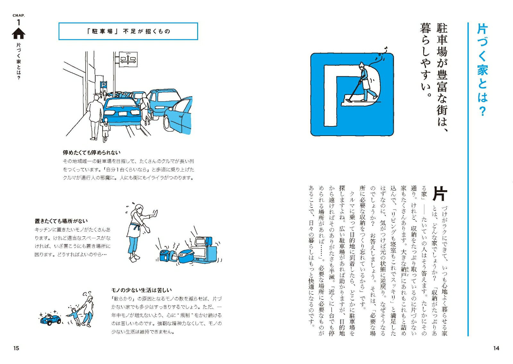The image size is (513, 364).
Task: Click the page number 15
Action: [x=16, y=348]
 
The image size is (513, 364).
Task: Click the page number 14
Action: [x=496, y=348]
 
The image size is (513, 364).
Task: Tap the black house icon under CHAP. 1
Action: [x=19, y=33]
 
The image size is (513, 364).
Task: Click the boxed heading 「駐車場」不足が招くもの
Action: [x=128, y=31]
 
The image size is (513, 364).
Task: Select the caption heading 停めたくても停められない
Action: [x=92, y=153]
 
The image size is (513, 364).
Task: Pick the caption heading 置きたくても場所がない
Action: [x=61, y=221]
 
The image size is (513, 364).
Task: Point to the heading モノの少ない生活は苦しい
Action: [x=141, y=290]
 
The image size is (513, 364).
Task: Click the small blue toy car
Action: [x=51, y=319]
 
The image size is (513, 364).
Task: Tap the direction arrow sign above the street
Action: [x=128, y=60]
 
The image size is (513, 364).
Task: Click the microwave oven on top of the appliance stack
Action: [x=203, y=241]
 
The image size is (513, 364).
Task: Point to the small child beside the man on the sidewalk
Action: [x=105, y=129]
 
